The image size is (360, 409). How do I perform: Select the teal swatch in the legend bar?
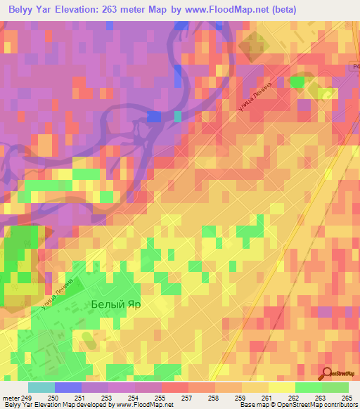[x=41, y=387]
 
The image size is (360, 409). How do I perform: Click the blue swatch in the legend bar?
[x=68, y=387]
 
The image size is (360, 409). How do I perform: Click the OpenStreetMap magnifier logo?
[x=327, y=373]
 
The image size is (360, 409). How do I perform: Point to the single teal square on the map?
[x=178, y=116]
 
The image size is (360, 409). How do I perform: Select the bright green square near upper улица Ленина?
[x=298, y=82]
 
